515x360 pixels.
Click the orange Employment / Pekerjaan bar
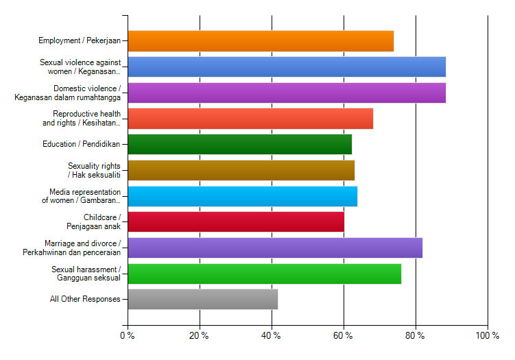[x=261, y=41]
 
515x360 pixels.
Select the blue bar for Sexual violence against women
[x=287, y=67]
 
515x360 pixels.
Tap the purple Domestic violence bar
[x=287, y=93]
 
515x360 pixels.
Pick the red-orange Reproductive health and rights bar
[x=250, y=119]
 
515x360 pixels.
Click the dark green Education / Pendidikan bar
[x=240, y=144]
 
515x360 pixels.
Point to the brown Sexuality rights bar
[x=241, y=170]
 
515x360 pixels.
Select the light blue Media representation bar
[x=243, y=196]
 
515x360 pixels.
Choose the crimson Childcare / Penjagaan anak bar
[x=236, y=221]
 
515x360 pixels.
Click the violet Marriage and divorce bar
[x=275, y=248]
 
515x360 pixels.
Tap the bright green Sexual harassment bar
[x=265, y=274]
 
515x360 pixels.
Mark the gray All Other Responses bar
[x=203, y=299]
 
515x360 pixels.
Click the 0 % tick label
[x=127, y=335]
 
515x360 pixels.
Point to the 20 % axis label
[x=199, y=335]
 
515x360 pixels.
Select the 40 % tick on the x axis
[x=271, y=335]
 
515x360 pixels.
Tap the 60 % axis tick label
[x=343, y=335]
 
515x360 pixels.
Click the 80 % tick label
[x=415, y=335]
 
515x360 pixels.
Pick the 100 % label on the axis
[x=487, y=335]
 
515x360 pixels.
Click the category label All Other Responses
[x=85, y=299]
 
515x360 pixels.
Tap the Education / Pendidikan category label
[x=82, y=144]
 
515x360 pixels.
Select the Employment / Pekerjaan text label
[x=80, y=41]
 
